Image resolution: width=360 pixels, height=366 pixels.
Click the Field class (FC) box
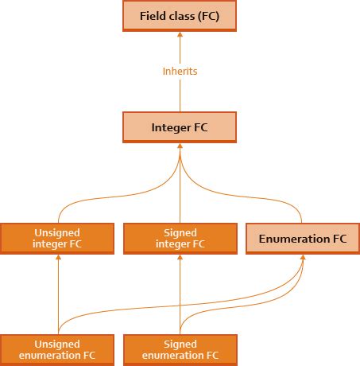tap(180, 16)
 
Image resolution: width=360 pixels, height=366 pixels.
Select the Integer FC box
tap(180, 127)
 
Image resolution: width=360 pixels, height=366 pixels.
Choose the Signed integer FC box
tap(180, 238)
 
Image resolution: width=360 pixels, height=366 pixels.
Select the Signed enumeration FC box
tap(180, 349)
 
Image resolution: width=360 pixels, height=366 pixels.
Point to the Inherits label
tap(180, 72)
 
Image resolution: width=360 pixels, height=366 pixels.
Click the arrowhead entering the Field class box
tap(180, 36)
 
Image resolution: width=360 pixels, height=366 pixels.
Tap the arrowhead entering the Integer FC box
tap(180, 146)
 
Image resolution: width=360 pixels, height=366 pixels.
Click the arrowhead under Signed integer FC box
tap(180, 258)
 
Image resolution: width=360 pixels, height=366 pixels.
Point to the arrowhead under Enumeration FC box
tap(302, 258)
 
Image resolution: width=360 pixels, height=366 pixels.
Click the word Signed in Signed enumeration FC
tap(180, 344)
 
